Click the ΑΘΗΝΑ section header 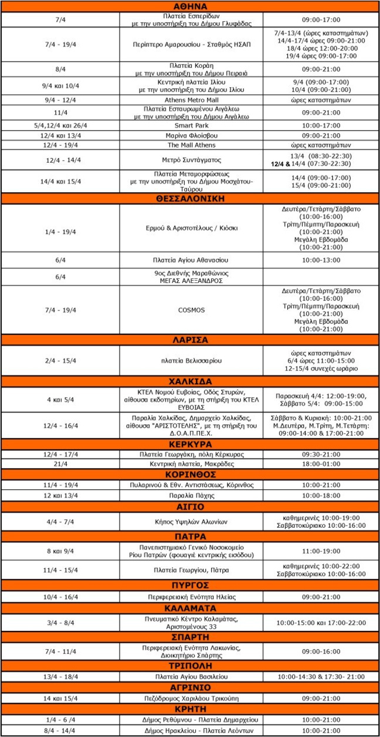pyautogui.click(x=190, y=6)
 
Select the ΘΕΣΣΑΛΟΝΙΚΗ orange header pyautogui.click(x=190, y=199)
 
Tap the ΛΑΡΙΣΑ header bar pyautogui.click(x=190, y=340)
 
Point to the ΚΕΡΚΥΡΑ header pyautogui.click(x=190, y=445)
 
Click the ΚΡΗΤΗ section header pyautogui.click(x=190, y=709)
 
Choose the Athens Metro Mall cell pyautogui.click(x=190, y=100)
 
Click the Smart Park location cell pyautogui.click(x=190, y=125)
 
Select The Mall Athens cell pyautogui.click(x=190, y=145)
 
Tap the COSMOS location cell pyautogui.click(x=190, y=310)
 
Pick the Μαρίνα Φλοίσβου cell pyautogui.click(x=190, y=135)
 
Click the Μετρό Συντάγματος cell pyautogui.click(x=190, y=160)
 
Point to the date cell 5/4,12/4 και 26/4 pyautogui.click(x=60, y=125)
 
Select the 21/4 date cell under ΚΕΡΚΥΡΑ pyautogui.click(x=60, y=463)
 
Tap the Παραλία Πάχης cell pyautogui.click(x=190, y=495)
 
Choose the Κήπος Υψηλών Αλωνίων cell pyautogui.click(x=190, y=521)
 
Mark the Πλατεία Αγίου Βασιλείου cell pyautogui.click(x=190, y=677)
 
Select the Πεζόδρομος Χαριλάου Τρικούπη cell pyautogui.click(x=190, y=698)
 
